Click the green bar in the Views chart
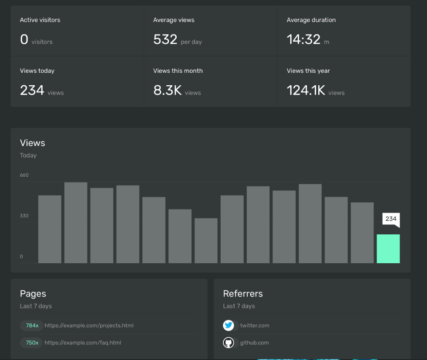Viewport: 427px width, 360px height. click(x=388, y=249)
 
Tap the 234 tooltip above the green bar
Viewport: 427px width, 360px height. click(x=391, y=219)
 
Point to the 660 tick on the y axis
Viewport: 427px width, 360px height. click(x=24, y=175)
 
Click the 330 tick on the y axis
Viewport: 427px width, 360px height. click(x=24, y=216)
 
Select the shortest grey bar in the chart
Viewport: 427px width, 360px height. click(x=206, y=241)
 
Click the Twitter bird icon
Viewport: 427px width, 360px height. click(x=228, y=325)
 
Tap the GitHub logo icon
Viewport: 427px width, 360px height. click(x=228, y=343)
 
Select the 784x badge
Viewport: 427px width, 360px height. click(x=32, y=325)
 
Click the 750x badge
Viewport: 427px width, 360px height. click(x=32, y=343)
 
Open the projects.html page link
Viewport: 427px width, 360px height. click(x=89, y=325)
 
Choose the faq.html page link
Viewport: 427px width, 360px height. click(x=83, y=343)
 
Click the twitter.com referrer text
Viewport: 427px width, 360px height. click(x=254, y=325)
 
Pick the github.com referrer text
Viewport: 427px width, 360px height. click(x=254, y=343)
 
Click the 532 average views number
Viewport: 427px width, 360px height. click(x=165, y=40)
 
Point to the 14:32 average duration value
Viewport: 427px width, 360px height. click(x=303, y=40)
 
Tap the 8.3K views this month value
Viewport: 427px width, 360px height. click(x=167, y=91)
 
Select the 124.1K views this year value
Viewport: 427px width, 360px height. click(x=305, y=91)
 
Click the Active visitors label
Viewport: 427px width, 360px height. click(x=40, y=20)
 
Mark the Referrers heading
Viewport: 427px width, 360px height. click(x=243, y=293)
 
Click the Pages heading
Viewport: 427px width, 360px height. click(x=33, y=293)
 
